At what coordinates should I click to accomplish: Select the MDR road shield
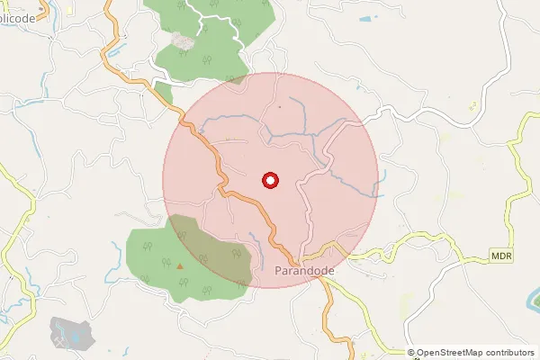501,256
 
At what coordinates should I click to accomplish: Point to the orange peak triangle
180,265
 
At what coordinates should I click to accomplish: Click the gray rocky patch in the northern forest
183,40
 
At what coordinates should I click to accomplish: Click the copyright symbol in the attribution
411,353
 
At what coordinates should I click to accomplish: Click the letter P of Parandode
276,269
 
